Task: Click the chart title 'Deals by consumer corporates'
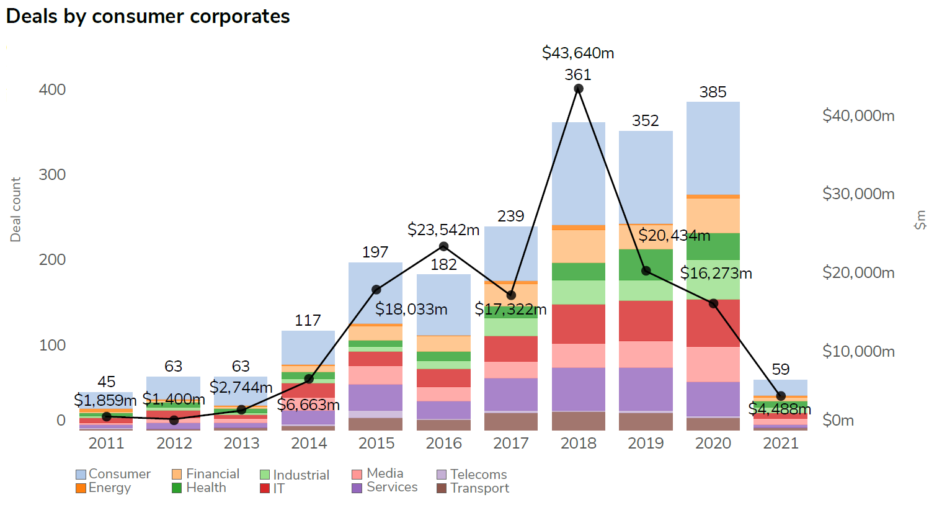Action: (148, 17)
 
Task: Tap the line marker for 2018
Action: (579, 89)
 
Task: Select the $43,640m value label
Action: (578, 53)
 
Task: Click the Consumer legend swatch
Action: (81, 475)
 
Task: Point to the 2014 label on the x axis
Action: (309, 443)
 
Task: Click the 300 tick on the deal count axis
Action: (52, 174)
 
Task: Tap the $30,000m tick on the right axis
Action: (858, 194)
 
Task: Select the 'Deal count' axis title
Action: (16, 210)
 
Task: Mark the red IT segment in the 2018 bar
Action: (578, 323)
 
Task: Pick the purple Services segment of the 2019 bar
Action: (646, 389)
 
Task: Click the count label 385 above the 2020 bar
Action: (713, 92)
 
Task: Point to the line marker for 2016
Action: (443, 246)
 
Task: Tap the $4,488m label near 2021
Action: (780, 409)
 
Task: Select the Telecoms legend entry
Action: (478, 475)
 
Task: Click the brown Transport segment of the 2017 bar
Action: (511, 422)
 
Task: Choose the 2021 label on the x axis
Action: (780, 443)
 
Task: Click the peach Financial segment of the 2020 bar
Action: (713, 215)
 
